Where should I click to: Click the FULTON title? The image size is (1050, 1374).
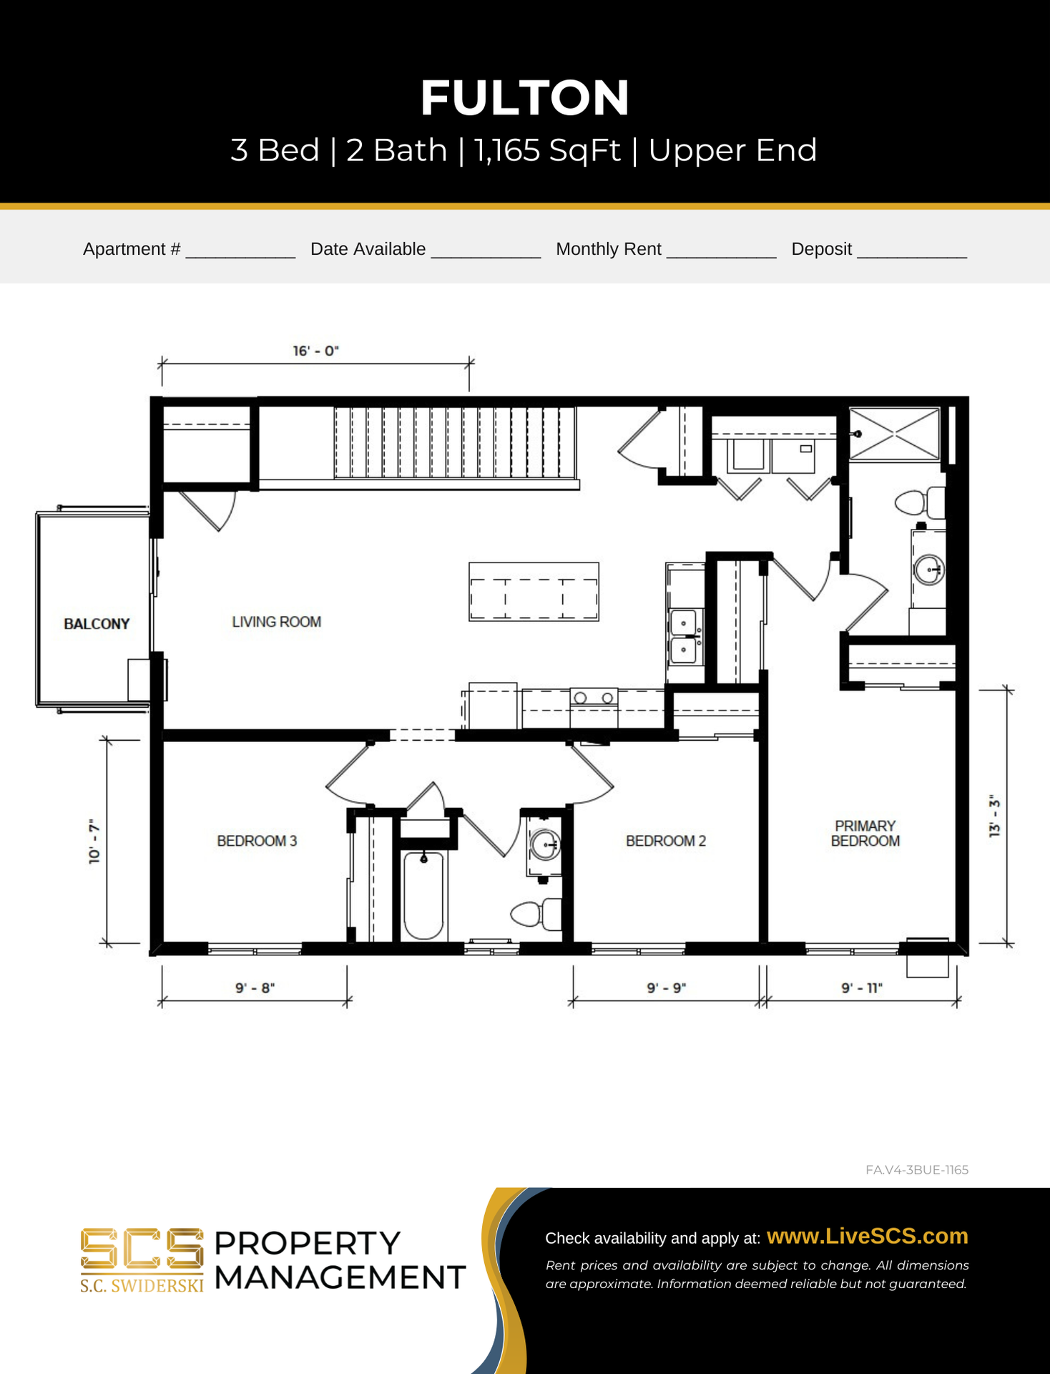coord(524,98)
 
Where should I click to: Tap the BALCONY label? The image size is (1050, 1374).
coord(97,624)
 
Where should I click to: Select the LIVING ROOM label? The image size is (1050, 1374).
coord(276,622)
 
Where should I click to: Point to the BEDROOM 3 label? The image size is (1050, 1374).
coord(257,841)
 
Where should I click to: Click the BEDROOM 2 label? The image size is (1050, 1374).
coord(666,841)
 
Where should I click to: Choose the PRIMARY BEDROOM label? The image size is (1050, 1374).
coord(865,834)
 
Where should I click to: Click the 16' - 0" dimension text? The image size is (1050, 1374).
coord(315,351)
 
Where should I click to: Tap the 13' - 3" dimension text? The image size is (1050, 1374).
coord(994,816)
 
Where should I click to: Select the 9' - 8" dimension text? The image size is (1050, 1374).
coord(255,988)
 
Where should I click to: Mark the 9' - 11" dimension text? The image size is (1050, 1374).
coord(862,988)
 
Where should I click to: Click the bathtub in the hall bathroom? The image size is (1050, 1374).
coord(423,895)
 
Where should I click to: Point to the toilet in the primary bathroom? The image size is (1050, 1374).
coord(920,502)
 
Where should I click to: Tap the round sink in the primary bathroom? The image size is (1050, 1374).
coord(929,570)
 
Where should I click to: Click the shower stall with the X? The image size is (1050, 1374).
coord(894,434)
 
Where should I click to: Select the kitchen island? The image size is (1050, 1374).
coord(534,592)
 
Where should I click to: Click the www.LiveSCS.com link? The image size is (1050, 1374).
coord(867,1236)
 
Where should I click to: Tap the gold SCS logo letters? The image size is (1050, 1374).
coord(142,1249)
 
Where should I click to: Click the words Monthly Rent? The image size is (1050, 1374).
coord(609,249)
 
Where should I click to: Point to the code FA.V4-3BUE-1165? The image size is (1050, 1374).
coord(917,1170)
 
